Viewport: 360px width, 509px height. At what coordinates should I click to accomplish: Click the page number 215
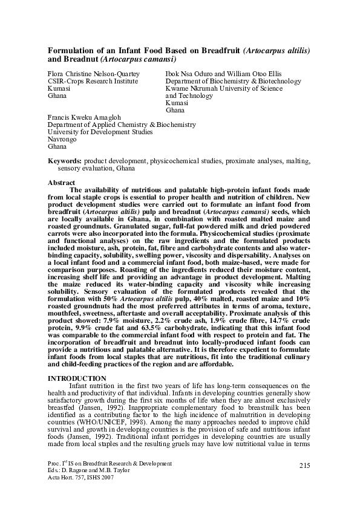tap(305, 464)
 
